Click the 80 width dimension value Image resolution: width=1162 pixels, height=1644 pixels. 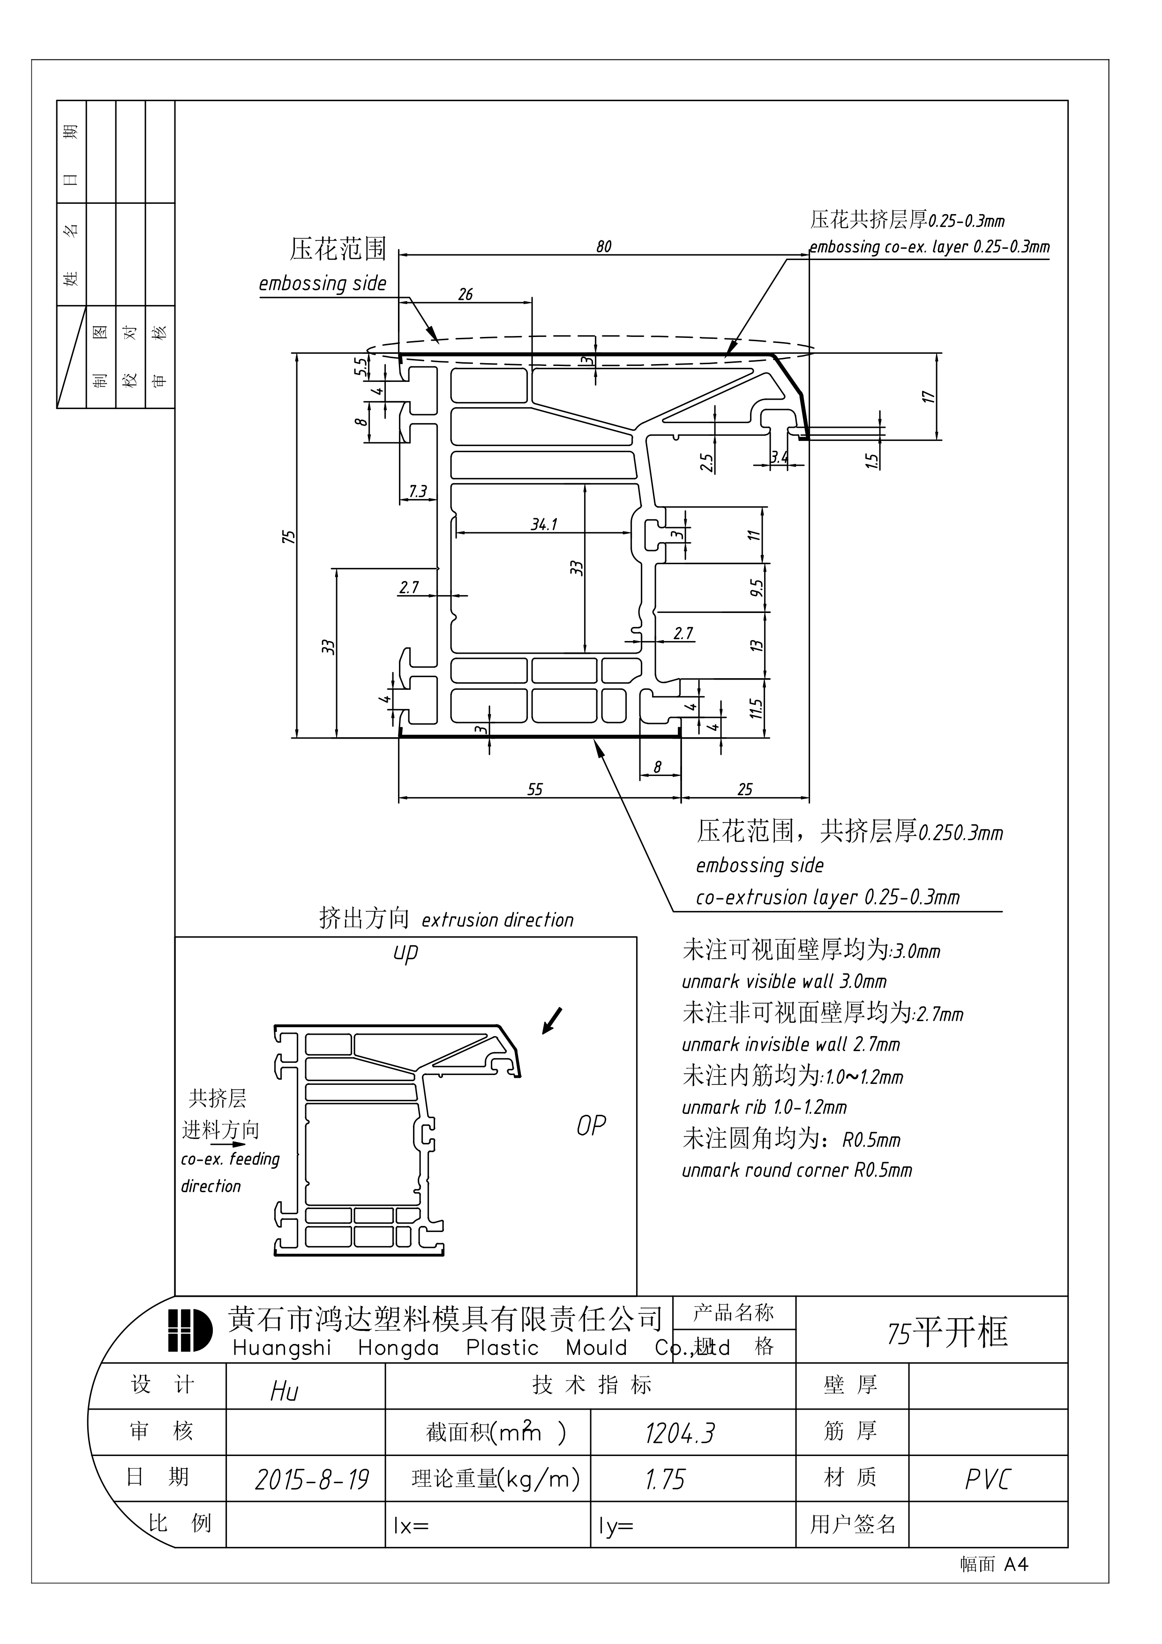[604, 247]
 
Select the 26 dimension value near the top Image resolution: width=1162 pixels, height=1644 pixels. [465, 294]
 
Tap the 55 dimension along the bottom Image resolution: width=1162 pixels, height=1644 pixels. [535, 789]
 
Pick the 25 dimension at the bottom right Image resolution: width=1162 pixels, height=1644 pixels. [745, 789]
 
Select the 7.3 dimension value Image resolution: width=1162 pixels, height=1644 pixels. [417, 491]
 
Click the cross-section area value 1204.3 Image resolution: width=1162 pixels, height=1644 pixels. [680, 1434]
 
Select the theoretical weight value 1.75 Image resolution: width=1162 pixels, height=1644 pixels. [665, 1480]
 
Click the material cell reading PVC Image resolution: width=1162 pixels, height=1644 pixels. [987, 1480]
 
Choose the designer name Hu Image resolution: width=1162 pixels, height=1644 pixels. [284, 1391]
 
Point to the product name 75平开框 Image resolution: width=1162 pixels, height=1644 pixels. [947, 1332]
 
